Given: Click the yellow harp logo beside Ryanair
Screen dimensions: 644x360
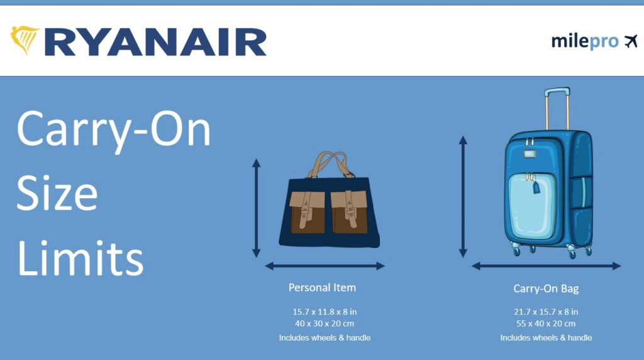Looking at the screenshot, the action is tap(25, 40).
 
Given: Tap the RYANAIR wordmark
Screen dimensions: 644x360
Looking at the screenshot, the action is tap(156, 42).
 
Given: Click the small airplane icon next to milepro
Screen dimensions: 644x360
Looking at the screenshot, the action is tap(631, 42).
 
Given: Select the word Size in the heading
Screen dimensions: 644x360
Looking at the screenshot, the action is tap(57, 193).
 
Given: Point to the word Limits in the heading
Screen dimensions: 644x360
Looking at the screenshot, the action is tap(80, 258).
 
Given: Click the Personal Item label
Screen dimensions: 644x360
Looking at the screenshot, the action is tap(322, 288).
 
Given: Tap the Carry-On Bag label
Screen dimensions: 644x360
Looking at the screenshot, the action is tap(546, 288).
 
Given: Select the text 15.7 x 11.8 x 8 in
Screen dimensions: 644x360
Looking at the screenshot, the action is tap(325, 312).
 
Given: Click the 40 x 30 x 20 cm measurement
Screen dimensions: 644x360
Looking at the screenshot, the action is tap(325, 324).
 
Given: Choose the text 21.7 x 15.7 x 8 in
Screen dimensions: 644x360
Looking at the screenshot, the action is tap(546, 312).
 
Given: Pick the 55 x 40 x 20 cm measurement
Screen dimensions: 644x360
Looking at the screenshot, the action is tap(546, 324).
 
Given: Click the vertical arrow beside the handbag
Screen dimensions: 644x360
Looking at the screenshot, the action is tap(257, 208).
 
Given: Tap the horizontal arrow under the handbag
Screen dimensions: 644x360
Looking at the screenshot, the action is tap(325, 266).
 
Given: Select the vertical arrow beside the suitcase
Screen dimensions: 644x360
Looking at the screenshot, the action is tap(463, 196).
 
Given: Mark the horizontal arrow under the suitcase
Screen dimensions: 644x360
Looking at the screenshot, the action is tap(547, 266).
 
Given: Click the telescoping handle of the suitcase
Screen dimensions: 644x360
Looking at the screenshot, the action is tap(557, 108).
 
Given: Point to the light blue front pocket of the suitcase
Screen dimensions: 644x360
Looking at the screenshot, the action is tap(532, 205).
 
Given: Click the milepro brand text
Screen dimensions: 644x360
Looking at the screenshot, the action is tap(584, 42).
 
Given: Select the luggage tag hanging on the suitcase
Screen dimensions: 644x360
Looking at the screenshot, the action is tap(536, 188).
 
